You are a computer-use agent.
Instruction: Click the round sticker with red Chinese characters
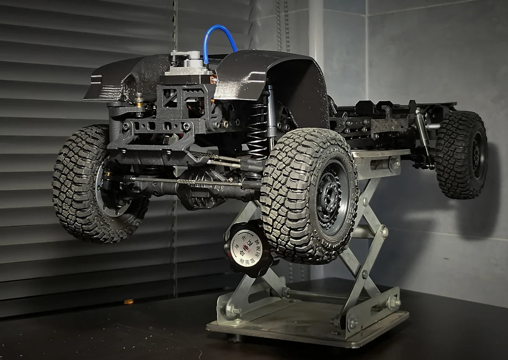(246, 246)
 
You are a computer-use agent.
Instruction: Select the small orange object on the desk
(128, 302)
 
